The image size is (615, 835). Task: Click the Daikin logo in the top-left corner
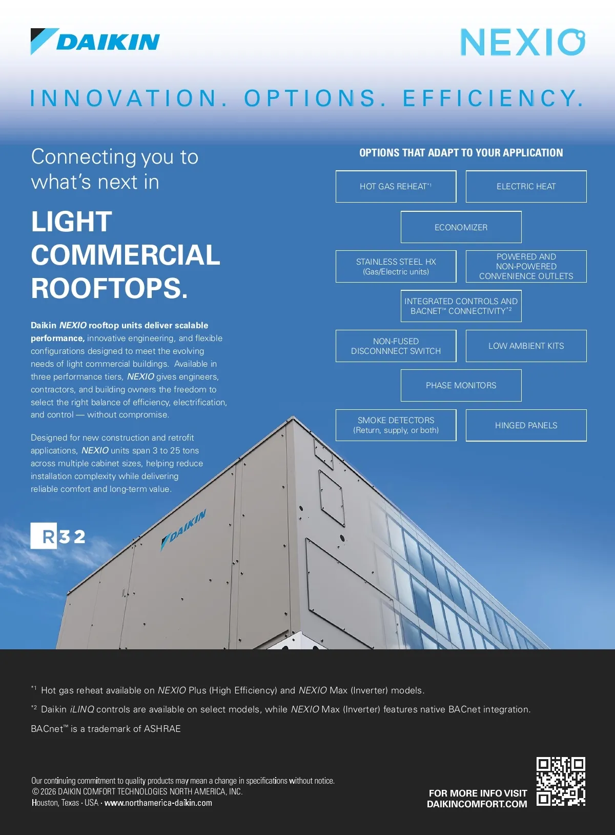coord(95,42)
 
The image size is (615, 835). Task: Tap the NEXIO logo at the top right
coord(522,42)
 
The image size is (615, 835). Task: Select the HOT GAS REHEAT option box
coord(396,187)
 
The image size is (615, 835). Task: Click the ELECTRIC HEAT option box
coord(526,187)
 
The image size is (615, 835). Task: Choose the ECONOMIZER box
coord(461,227)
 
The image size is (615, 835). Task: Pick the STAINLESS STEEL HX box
coord(396,267)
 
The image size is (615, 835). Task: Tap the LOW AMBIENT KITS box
coord(526,346)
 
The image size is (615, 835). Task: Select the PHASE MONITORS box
coord(461,386)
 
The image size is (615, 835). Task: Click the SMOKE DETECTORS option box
coord(396,425)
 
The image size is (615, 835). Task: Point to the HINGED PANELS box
coord(526,425)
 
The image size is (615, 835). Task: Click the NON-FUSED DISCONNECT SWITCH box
coord(396,346)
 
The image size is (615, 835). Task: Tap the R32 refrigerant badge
coord(58,536)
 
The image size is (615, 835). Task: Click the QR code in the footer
coord(561,781)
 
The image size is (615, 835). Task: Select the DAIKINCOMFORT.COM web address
coord(477,804)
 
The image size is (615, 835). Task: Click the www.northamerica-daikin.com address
coord(158,803)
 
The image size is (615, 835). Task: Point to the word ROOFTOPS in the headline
coord(109,288)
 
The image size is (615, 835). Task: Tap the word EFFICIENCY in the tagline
coord(493,98)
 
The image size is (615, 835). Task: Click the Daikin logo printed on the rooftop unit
coord(184,529)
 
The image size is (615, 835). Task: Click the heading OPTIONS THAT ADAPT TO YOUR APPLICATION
coord(461,153)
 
